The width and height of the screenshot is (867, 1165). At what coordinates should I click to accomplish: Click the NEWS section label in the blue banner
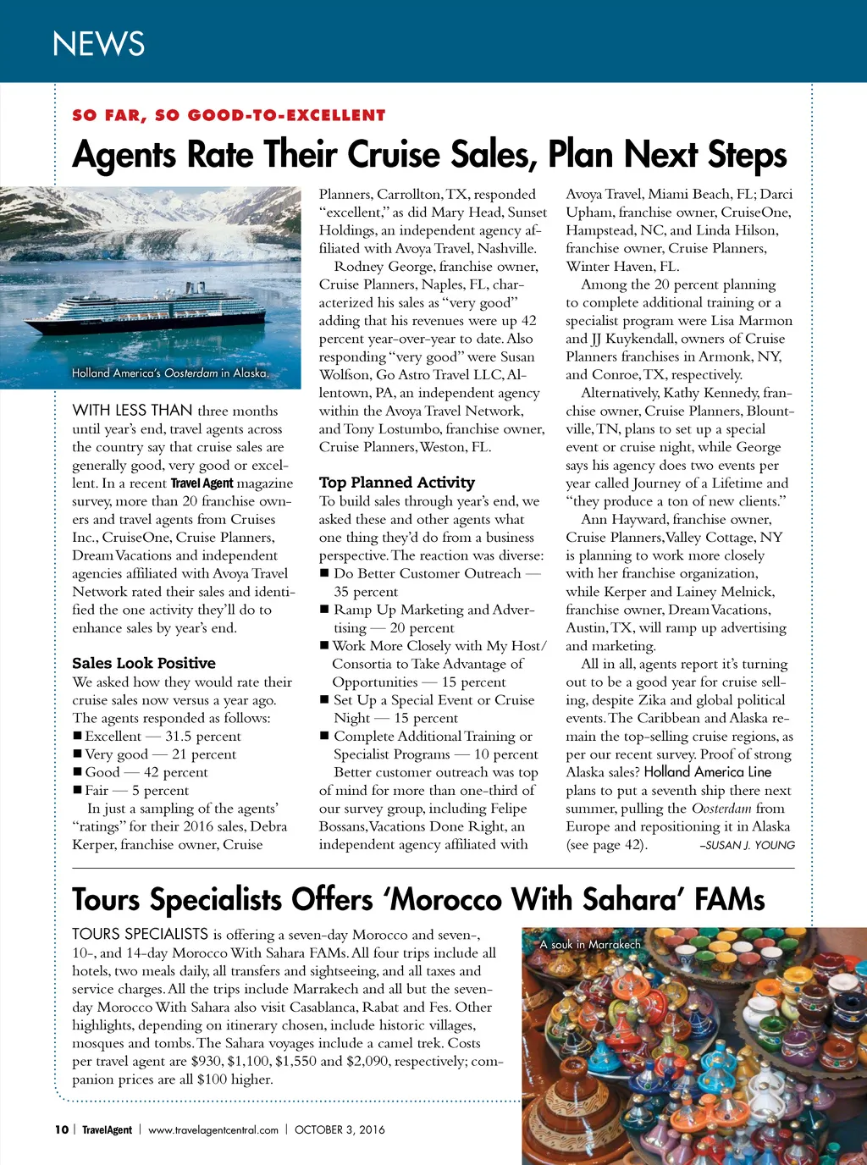98,44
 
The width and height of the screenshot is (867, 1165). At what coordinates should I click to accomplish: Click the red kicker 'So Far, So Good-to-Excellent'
229,115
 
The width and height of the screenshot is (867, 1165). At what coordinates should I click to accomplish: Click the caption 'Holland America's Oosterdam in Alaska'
169,373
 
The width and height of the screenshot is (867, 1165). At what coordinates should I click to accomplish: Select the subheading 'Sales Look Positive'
144,663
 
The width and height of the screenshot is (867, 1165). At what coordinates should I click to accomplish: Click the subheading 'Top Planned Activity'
396,483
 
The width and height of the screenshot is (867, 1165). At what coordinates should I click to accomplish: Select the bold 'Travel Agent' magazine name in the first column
202,483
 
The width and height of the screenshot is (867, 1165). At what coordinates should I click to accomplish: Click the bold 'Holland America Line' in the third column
707,772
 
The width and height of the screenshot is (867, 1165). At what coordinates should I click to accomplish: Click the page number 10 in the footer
61,1129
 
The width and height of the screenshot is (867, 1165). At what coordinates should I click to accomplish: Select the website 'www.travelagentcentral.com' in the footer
213,1129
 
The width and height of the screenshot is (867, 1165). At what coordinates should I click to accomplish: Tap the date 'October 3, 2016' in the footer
340,1129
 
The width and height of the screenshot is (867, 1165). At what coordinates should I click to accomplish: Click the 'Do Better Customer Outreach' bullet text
428,574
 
